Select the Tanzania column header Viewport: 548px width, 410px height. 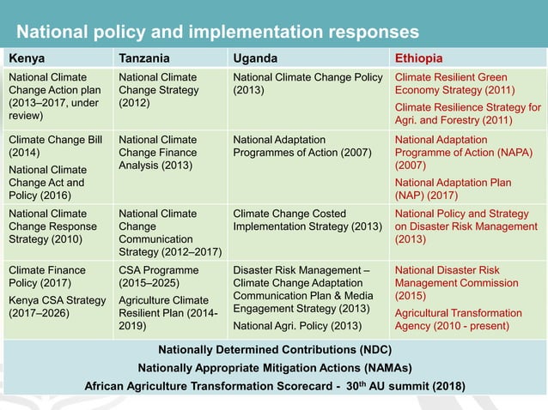[x=143, y=58]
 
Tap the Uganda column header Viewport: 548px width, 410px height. [x=255, y=58]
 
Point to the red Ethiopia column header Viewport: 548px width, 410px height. [x=419, y=58]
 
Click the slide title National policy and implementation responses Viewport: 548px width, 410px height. [x=218, y=32]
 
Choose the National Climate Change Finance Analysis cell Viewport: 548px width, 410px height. [x=157, y=151]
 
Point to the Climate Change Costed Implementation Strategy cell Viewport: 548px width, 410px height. [x=307, y=220]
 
